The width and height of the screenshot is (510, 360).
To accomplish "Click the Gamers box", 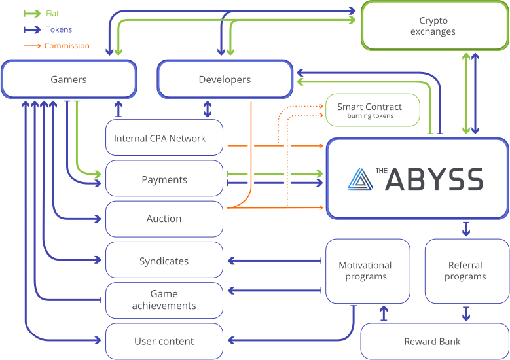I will pyautogui.click(x=69, y=80).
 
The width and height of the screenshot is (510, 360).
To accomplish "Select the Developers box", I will pyautogui.click(x=225, y=80).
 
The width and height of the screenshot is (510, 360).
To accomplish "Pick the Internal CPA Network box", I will pyautogui.click(x=164, y=139).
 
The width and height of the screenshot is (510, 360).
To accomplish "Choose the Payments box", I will pyautogui.click(x=164, y=179).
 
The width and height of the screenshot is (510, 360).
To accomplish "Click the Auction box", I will pyautogui.click(x=164, y=219).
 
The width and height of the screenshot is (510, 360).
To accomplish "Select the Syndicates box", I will pyautogui.click(x=164, y=261).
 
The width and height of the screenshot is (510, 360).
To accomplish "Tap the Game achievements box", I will pyautogui.click(x=164, y=300).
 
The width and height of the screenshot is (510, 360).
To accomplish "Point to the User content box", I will pyautogui.click(x=164, y=341).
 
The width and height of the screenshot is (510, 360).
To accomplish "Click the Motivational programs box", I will pyautogui.click(x=365, y=271).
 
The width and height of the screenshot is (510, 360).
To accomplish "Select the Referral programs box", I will pyautogui.click(x=465, y=271).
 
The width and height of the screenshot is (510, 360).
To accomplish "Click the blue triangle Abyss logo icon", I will pyautogui.click(x=359, y=179).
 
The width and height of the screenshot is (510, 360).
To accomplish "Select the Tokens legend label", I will pyautogui.click(x=59, y=29).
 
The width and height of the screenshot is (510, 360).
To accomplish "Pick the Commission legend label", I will pyautogui.click(x=67, y=46).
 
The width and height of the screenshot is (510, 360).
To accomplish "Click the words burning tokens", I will pyautogui.click(x=370, y=116).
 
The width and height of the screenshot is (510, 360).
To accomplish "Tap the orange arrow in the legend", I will pyautogui.click(x=33, y=46).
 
